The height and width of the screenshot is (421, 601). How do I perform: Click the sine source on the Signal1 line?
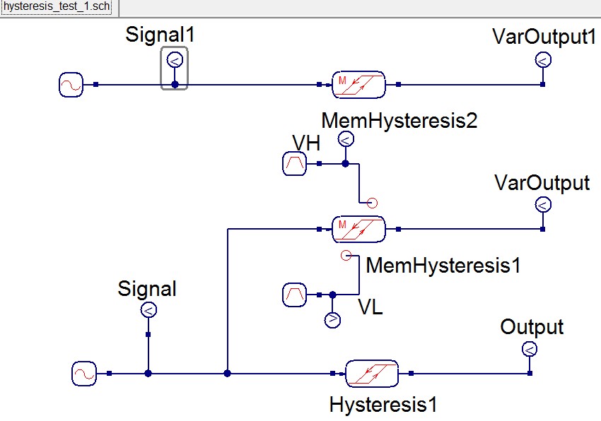coord(71,85)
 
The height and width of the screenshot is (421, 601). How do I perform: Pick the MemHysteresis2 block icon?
coord(358,85)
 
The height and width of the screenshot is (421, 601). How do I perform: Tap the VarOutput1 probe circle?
coord(542,60)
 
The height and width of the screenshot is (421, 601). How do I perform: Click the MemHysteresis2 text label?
coord(399,121)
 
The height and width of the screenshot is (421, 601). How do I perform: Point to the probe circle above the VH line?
coord(345,140)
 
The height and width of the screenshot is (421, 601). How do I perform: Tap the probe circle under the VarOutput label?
coord(542,206)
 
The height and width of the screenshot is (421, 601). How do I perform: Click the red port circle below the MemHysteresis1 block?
coord(345,255)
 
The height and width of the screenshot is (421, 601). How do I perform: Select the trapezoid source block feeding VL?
coord(294,295)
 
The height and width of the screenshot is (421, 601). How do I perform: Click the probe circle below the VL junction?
coord(332,320)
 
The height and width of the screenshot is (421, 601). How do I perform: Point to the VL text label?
coord(370,308)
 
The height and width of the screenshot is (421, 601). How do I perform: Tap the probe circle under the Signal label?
coord(148,310)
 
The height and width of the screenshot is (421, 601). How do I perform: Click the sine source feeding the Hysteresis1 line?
coord(83,373)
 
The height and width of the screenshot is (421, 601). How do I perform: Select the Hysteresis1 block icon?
coord(372,373)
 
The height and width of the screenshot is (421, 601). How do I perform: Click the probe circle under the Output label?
coord(528,349)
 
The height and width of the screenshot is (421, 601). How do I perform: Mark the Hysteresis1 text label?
coord(383,405)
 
